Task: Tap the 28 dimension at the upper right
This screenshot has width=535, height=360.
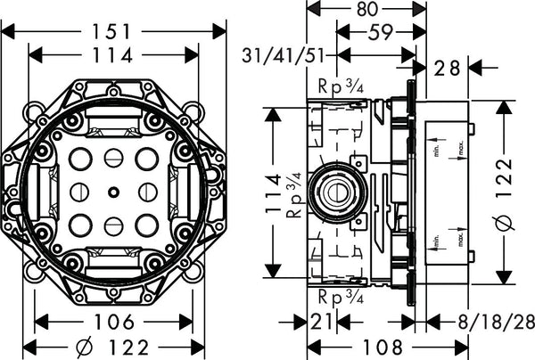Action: coord(449,68)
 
